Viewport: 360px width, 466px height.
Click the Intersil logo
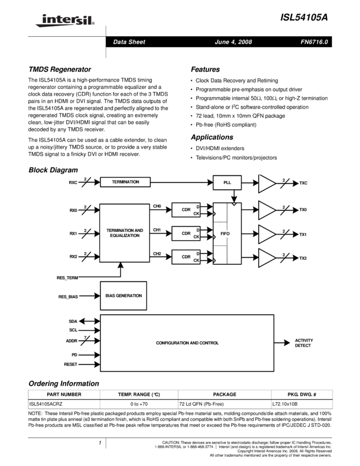pos(63,21)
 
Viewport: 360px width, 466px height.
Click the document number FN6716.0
pos(314,42)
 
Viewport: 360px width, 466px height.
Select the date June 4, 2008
pos(233,42)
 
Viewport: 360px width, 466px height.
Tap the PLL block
pos(228,182)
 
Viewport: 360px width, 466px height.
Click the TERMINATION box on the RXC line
pos(125,182)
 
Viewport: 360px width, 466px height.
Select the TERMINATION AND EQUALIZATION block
pos(124,232)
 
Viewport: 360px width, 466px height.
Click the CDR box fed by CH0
pos(186,209)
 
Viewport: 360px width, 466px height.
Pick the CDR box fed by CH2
pos(186,257)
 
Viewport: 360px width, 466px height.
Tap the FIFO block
pos(226,234)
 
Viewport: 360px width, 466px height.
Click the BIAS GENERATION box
pos(123,295)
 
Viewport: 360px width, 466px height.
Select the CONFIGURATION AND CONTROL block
pos(187,343)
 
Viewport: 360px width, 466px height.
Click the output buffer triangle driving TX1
pos(266,234)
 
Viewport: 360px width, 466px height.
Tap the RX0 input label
pos(73,210)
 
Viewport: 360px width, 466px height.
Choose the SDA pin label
pos(73,321)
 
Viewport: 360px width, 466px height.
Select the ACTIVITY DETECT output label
pos(304,343)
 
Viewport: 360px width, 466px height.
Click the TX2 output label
pos(303,258)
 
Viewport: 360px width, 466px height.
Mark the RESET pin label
pos(71,365)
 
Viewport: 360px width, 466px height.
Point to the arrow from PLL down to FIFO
pos(234,196)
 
